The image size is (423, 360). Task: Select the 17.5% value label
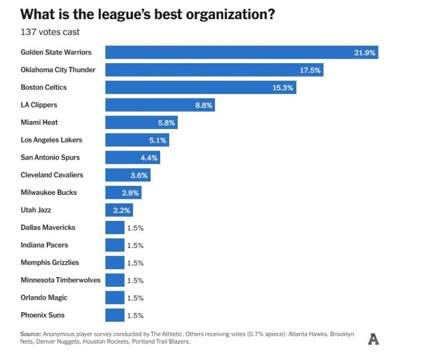[310, 70]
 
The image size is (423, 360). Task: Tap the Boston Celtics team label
[43, 87]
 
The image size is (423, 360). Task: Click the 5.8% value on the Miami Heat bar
[166, 122]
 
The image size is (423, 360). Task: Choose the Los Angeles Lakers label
[51, 140]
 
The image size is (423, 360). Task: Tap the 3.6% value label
[139, 175]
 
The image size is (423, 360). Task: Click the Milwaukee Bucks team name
[49, 193]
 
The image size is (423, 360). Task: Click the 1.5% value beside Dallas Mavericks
[135, 228]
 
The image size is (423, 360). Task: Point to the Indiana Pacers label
[44, 245]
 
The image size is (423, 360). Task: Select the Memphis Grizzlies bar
[114, 263]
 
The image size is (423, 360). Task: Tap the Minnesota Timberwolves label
[60, 280]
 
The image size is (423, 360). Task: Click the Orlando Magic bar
[114, 297]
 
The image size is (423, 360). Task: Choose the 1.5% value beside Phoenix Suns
[135, 315]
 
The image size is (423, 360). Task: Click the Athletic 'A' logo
[373, 339]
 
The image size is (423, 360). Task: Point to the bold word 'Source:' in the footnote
[31, 334]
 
